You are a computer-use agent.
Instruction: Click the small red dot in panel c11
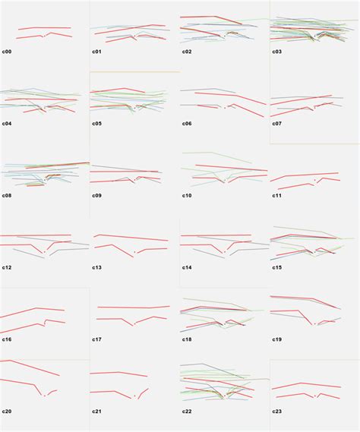(314, 180)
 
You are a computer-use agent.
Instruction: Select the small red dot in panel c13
(134, 252)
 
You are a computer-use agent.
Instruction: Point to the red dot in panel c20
(45, 396)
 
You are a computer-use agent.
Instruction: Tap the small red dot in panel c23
(314, 396)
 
